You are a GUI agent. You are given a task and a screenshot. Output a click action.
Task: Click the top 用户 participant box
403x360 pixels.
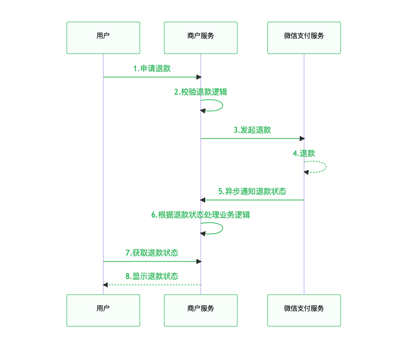click(x=103, y=38)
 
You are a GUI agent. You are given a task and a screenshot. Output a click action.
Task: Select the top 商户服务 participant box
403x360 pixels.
click(x=201, y=38)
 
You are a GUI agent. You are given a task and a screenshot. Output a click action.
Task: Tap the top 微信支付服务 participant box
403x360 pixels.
click(x=304, y=38)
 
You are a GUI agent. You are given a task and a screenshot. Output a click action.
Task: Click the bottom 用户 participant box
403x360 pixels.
click(x=103, y=310)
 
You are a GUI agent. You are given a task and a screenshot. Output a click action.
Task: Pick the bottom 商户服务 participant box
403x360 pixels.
click(x=201, y=310)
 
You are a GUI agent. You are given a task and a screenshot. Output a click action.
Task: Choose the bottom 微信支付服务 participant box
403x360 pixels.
click(x=304, y=310)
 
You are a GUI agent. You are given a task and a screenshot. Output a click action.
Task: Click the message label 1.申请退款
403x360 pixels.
click(x=152, y=69)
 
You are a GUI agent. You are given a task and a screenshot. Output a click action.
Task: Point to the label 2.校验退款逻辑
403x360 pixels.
click(x=201, y=92)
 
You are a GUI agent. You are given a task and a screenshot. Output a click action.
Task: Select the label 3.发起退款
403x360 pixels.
click(x=252, y=130)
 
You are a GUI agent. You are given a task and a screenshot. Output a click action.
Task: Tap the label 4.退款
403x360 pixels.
click(x=304, y=153)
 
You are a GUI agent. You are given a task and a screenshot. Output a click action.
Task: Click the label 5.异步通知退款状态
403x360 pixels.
click(x=252, y=192)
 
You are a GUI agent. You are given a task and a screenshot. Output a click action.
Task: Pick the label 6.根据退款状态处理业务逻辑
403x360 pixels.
click(x=201, y=215)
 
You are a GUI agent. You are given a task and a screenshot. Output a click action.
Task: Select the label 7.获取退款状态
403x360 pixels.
click(x=152, y=253)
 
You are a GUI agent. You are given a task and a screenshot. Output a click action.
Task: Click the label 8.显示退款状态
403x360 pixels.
click(x=152, y=276)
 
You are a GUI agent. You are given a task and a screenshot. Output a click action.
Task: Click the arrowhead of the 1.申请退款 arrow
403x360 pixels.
click(x=198, y=77)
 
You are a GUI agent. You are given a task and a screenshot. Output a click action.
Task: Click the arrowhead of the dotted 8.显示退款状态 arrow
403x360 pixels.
click(x=106, y=284)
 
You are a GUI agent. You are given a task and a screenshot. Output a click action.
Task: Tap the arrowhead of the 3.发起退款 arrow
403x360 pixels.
click(x=302, y=139)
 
